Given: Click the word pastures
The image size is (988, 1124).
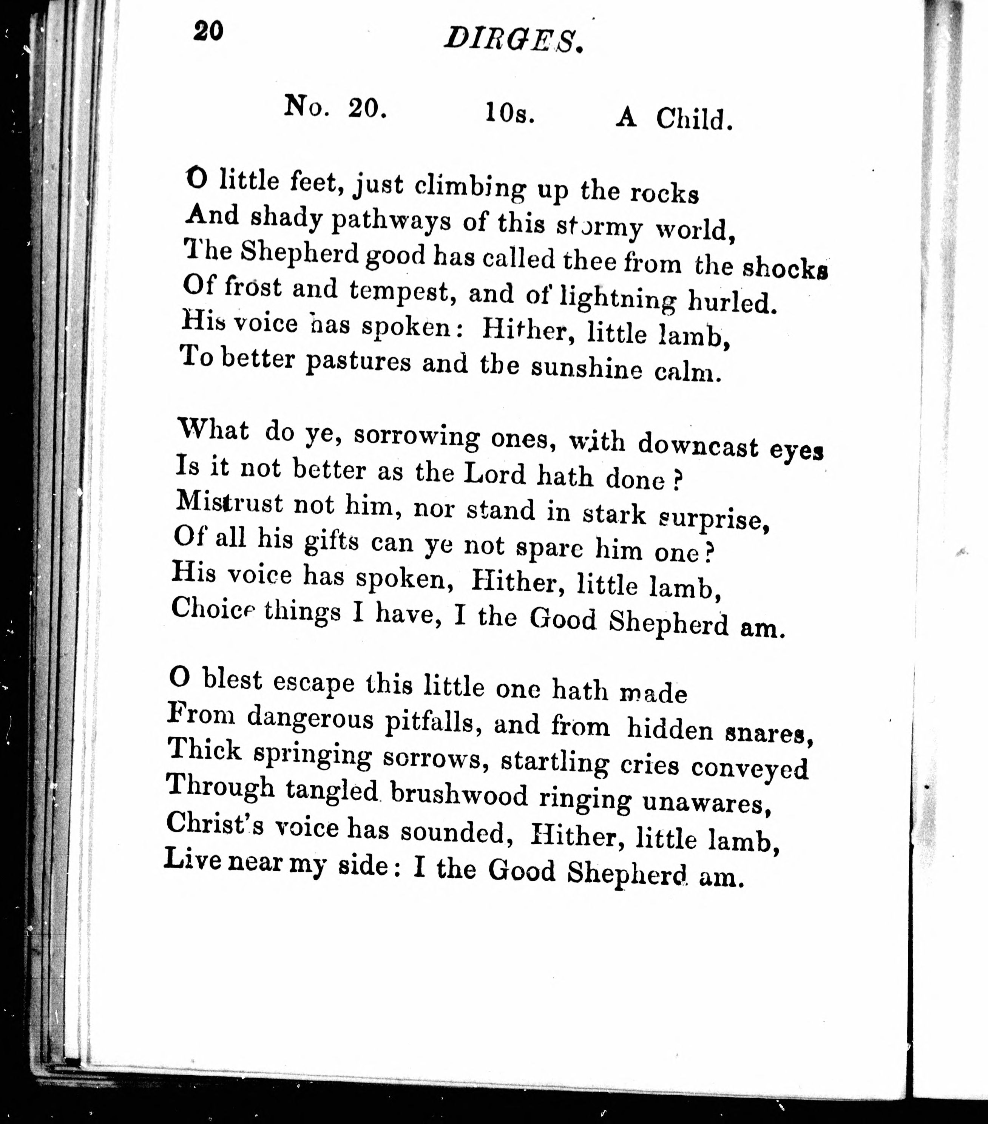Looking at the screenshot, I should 358,362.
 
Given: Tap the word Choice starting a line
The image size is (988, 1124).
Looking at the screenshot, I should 214,609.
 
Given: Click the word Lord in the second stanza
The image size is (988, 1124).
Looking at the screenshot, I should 495,475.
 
